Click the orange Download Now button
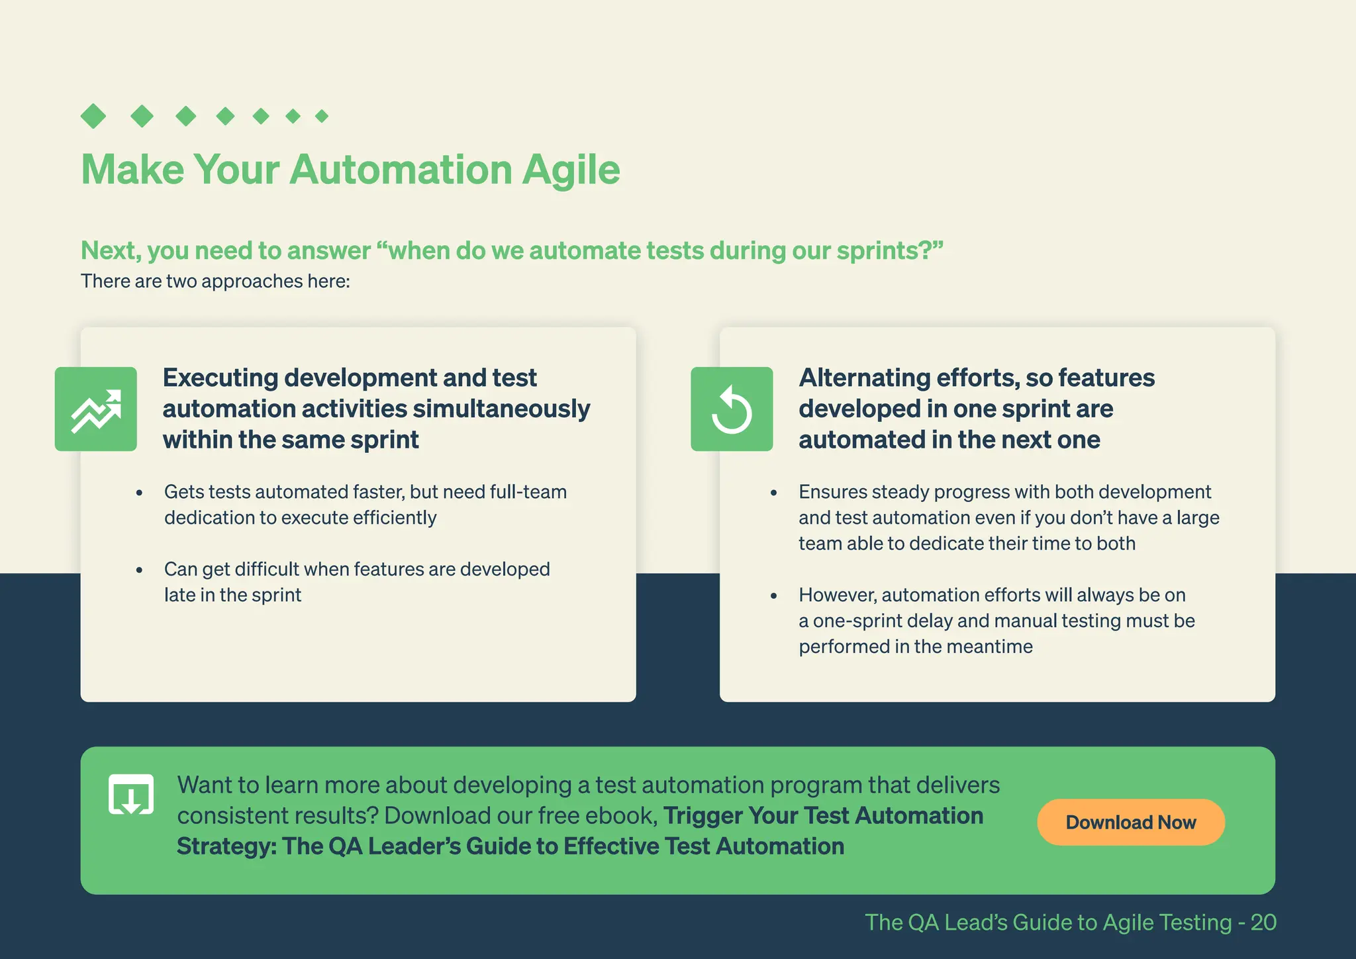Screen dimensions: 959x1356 pyautogui.click(x=1130, y=822)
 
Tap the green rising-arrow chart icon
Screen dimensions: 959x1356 pyautogui.click(x=96, y=409)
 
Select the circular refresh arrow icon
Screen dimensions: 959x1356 pyautogui.click(x=732, y=409)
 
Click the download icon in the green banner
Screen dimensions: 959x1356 pyautogui.click(x=131, y=794)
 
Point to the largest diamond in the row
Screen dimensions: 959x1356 pyautogui.click(x=93, y=116)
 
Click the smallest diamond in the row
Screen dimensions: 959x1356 pyautogui.click(x=322, y=117)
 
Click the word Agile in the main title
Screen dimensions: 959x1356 pyautogui.click(x=571, y=170)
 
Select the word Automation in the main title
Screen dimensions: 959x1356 pyautogui.click(x=401, y=170)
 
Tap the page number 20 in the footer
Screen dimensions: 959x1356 pyautogui.click(x=1263, y=922)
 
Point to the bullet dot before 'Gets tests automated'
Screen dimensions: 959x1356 pyautogui.click(x=139, y=493)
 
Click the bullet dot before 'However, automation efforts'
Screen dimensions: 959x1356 pyautogui.click(x=773, y=596)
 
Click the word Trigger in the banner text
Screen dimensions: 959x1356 pyautogui.click(x=702, y=815)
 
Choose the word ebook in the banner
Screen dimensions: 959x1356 pyautogui.click(x=622, y=815)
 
